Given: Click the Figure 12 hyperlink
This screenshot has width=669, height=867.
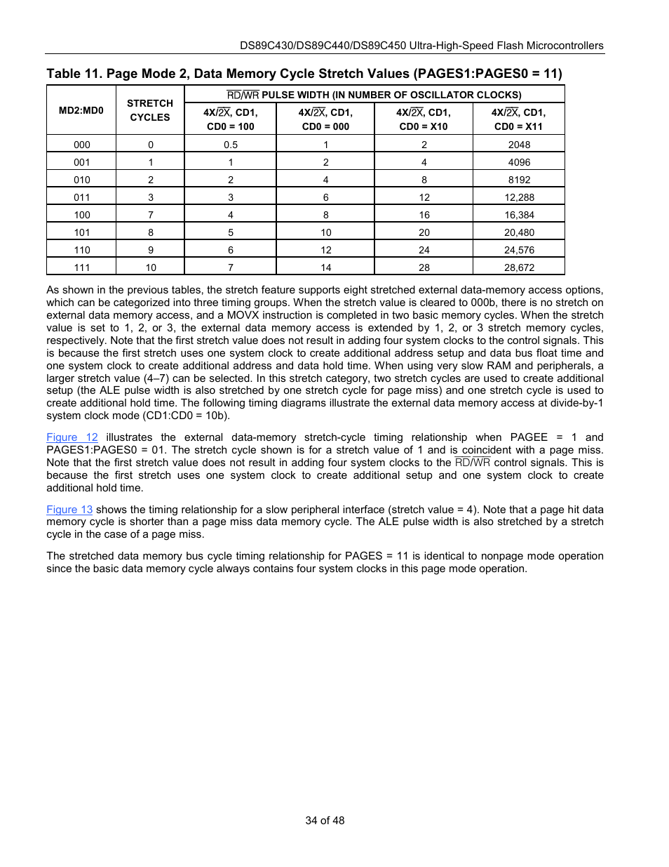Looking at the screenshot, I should coord(72,437).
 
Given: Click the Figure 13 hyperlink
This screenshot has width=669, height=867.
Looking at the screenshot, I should coord(69,510).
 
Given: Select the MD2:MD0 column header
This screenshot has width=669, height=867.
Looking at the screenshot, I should coord(81,110).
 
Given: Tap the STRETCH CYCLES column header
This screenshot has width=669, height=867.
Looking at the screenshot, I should coord(150,110).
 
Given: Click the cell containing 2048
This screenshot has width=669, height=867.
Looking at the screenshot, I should coord(519,145).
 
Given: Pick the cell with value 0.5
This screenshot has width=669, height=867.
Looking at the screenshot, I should coord(231,145).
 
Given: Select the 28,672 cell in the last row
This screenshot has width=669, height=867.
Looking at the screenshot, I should coord(519,267).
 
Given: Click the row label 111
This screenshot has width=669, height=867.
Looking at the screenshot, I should coord(82,267).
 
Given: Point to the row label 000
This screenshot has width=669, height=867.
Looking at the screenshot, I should coord(82,145).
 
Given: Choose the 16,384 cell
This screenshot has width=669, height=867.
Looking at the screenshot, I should coord(519,215).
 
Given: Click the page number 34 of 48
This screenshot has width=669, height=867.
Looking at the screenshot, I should coord(325,821).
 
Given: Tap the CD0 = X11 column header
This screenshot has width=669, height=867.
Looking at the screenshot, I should coord(518,119).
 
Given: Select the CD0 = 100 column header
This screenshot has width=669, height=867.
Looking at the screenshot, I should coord(231,119).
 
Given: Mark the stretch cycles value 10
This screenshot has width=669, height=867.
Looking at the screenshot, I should coord(151,267).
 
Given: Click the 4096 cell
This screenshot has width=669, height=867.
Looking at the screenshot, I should coord(519,162).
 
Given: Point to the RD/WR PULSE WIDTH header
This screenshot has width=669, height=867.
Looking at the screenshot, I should coord(374,95).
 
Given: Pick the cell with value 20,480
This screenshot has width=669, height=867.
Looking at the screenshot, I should coord(519,232).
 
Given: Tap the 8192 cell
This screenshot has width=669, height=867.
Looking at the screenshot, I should coord(519,180).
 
